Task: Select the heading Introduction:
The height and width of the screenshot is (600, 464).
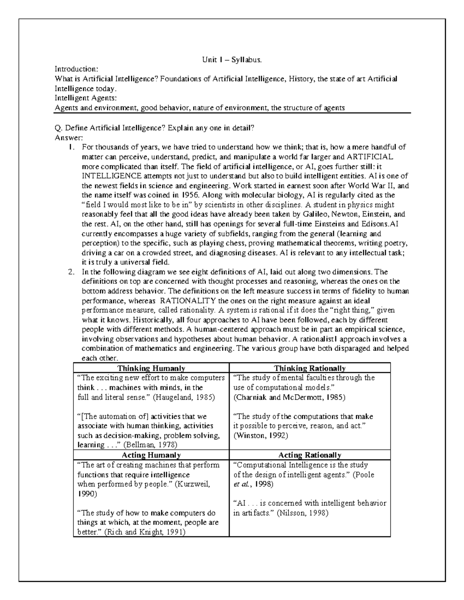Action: [76, 70]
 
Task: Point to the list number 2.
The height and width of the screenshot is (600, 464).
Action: [71, 272]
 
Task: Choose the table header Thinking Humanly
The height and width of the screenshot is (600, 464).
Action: [151, 368]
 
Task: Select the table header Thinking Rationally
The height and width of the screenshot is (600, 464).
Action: [310, 368]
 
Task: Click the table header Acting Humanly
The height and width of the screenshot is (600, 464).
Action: [151, 455]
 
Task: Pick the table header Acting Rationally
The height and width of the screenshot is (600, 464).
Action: [310, 455]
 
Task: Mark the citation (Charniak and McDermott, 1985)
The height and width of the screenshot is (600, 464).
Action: [289, 397]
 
